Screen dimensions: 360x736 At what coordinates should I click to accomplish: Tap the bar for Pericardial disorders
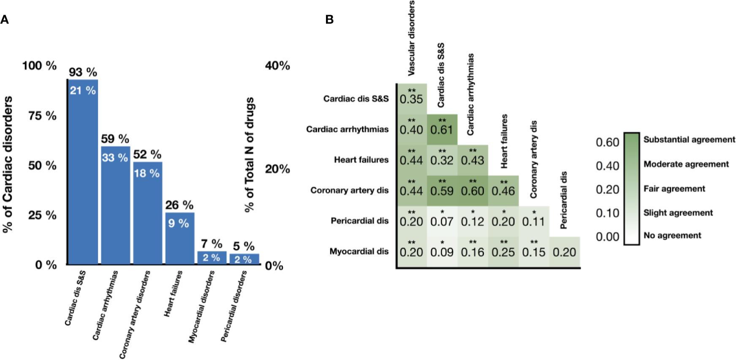(244, 259)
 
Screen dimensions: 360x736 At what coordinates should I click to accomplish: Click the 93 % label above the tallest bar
(83, 72)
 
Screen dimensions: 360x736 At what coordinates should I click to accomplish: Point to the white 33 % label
(115, 158)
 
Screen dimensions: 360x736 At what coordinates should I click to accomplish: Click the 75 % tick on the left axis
(42, 116)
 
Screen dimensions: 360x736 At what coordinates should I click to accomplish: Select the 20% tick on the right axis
(277, 169)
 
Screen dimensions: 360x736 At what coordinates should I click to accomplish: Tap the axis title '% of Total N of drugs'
(250, 154)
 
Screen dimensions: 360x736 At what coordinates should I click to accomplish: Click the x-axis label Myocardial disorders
(201, 306)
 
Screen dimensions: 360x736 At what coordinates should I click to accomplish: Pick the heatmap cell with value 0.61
(442, 129)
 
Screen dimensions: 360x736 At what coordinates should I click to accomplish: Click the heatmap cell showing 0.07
(442, 221)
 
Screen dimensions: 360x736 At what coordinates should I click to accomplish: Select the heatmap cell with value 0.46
(503, 191)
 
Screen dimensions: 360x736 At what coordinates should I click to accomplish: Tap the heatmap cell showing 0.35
(411, 99)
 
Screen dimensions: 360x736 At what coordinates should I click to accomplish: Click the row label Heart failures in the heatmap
(361, 160)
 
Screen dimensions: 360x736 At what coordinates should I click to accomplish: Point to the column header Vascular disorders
(411, 38)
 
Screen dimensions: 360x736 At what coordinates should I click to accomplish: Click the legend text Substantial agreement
(689, 139)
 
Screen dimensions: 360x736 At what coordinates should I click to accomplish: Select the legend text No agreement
(672, 235)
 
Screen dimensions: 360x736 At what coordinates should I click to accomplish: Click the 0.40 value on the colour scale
(607, 166)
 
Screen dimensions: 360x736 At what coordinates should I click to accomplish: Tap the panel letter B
(329, 19)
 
